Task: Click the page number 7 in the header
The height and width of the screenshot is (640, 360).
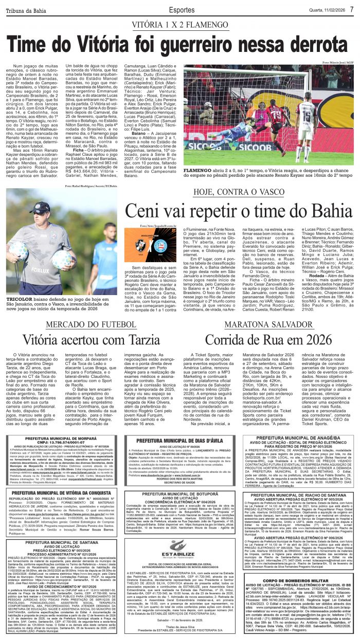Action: [x=351, y=9]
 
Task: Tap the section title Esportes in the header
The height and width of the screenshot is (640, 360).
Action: [x=182, y=9]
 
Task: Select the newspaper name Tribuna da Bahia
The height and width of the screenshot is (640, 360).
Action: [x=26, y=10]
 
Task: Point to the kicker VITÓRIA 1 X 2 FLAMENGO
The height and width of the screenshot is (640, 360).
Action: [x=181, y=25]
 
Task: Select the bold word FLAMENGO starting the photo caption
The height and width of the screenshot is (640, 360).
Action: [x=198, y=170]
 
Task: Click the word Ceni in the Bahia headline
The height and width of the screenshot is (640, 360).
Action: [x=142, y=211]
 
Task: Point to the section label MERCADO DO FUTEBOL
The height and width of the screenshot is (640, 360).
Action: [x=85, y=325]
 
